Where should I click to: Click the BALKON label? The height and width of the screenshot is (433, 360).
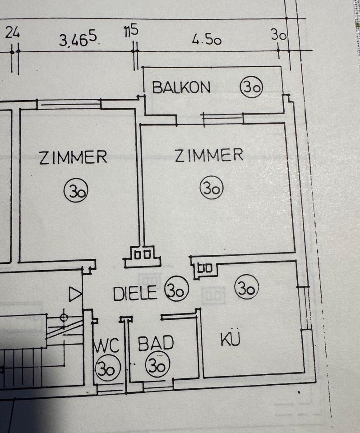pos(181,87)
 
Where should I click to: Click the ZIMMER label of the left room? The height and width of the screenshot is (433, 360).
pos(73,157)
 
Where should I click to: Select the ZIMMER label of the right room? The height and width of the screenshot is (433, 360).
pos(209,156)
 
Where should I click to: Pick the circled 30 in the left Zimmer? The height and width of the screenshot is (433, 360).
pos(76,190)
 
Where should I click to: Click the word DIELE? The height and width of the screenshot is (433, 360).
pos(135,294)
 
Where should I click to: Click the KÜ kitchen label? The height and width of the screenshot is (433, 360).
pos(230,339)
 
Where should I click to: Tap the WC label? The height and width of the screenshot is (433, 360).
pos(107,346)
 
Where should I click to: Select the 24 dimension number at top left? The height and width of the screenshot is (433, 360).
pos(13,32)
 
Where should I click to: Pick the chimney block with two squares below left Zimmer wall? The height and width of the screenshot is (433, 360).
pos(143,256)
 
